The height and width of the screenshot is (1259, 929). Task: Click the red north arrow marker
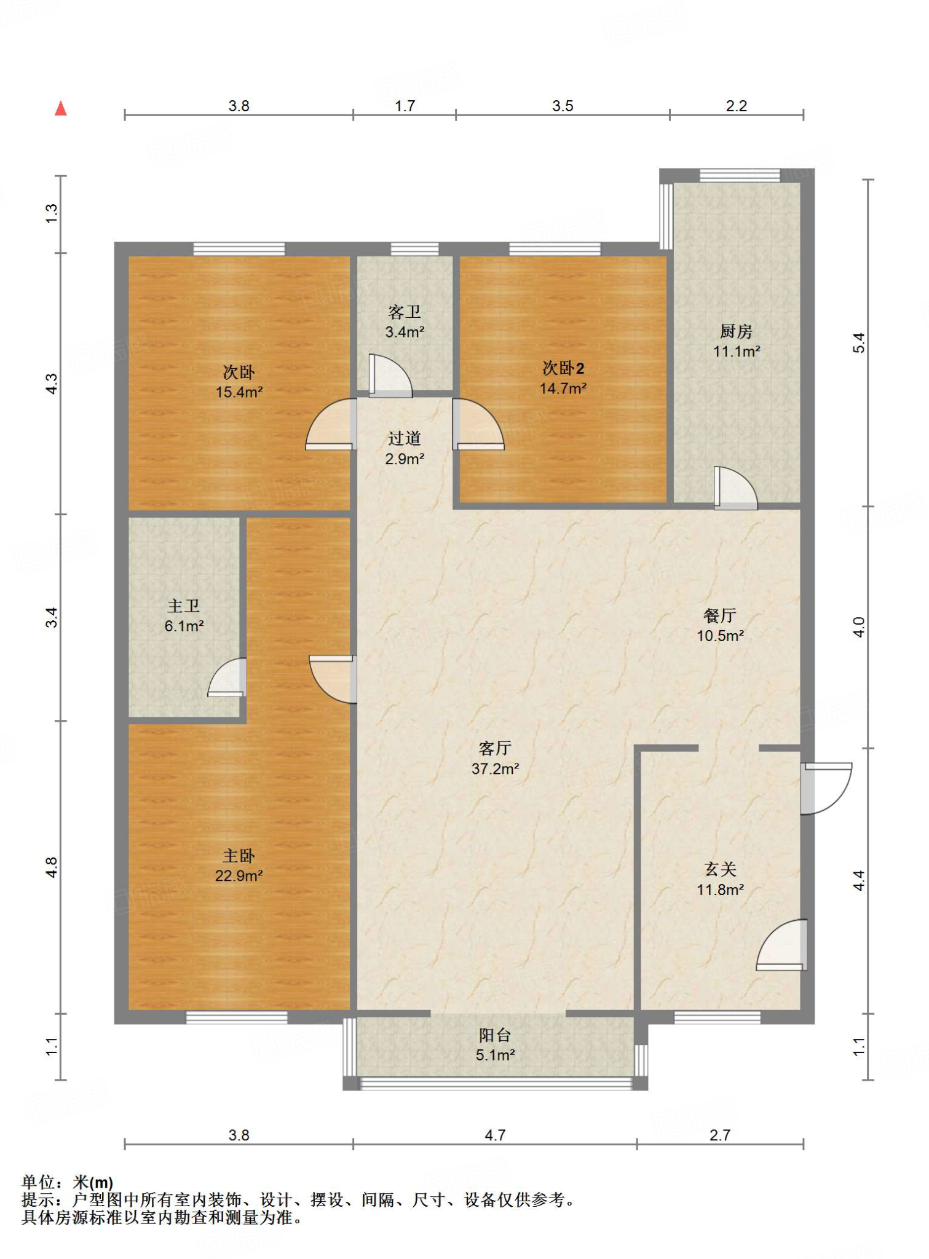60,109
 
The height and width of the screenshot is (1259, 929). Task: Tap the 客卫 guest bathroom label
405,312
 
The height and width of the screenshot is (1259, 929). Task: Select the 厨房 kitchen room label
736,331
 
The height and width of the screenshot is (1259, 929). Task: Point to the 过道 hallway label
405,438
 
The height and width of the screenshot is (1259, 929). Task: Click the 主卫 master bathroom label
184,606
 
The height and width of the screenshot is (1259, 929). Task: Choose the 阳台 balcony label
495,1035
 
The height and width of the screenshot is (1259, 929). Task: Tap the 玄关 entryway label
720,869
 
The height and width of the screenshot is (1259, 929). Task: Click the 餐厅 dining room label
720,615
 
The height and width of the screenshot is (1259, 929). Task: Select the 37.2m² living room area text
495,768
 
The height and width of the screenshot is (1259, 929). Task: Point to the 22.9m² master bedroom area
239,875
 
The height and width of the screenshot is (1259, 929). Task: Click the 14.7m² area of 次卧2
563,388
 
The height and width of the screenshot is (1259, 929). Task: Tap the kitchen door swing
736,488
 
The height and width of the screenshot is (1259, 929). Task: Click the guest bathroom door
390,376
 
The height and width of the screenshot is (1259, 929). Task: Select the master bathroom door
227,677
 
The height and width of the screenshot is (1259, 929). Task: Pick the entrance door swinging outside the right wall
826,789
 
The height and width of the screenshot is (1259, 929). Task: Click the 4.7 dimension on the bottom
495,1135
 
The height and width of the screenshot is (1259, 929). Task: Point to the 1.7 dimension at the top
405,106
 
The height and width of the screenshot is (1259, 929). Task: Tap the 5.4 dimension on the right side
859,342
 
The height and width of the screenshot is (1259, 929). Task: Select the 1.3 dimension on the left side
52,213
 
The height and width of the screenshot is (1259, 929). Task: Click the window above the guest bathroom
415,249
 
